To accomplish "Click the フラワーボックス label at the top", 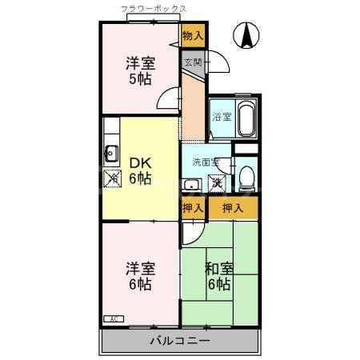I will click(x=154, y=9).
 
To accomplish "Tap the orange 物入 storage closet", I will click(x=193, y=35).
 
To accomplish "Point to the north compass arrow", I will click(x=247, y=36).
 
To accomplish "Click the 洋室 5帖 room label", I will click(x=140, y=70).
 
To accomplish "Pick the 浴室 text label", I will click(x=221, y=118).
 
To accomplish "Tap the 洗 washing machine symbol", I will click(x=217, y=183).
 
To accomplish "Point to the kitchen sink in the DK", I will click(x=110, y=154).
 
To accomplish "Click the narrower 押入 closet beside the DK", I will click(x=192, y=209).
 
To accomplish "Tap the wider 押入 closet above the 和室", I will click(x=233, y=209).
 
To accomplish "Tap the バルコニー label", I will click(x=180, y=342).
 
